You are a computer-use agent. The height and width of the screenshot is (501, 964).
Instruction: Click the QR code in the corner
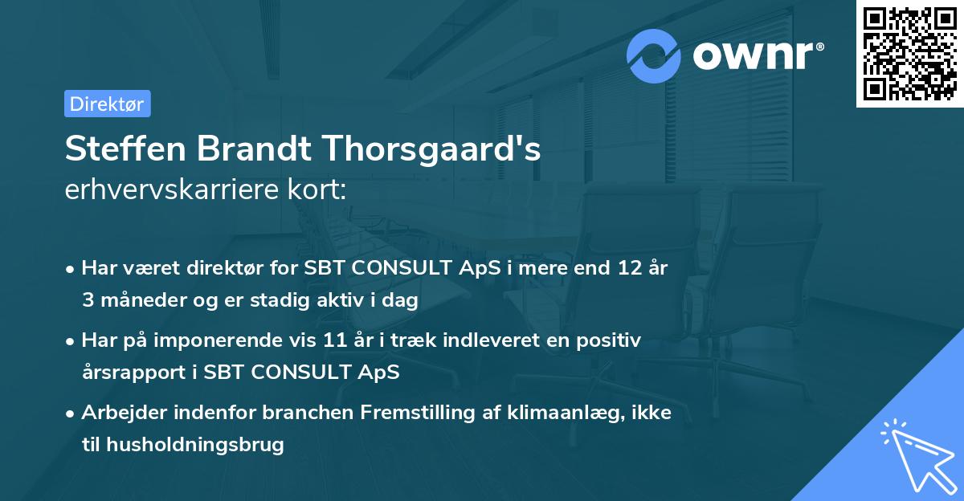pyautogui.click(x=909, y=54)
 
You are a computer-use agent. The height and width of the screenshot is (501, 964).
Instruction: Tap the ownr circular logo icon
pyautogui.click(x=655, y=56)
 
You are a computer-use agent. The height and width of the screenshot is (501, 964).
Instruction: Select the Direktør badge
pyautogui.click(x=107, y=104)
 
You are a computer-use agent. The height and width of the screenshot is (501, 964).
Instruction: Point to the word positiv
pyautogui.click(x=611, y=340)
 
